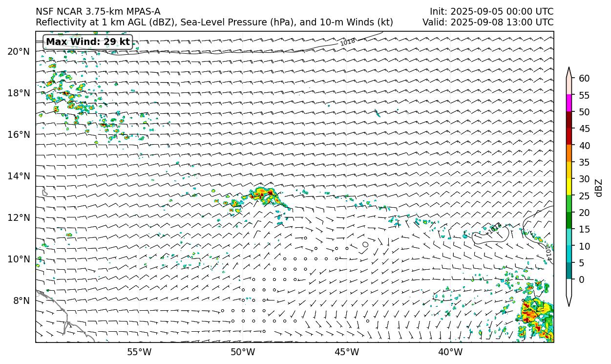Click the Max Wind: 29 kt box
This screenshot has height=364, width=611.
pos(88,42)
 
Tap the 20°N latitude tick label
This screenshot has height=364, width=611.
pos(19,51)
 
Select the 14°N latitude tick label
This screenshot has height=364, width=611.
pos(19,176)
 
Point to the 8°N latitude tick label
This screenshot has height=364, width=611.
pos(21,300)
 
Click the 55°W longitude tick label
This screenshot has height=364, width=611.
pos(139,352)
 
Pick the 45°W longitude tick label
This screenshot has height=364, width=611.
pos(347,352)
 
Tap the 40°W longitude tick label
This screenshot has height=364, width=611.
pos(450,352)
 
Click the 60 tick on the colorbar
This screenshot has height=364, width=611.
pos(584,79)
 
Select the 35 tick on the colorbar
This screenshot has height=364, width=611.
pos(584,163)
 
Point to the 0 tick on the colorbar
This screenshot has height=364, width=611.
pos(582,280)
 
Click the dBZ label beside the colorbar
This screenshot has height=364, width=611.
pos(599,188)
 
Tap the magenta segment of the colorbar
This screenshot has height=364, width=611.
pos(569,104)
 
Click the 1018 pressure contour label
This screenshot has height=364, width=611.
pos(348,42)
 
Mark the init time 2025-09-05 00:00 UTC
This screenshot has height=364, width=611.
pos(491,12)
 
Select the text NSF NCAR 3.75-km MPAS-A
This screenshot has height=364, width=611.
pos(98,12)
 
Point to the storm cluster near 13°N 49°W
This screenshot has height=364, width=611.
pos(263,194)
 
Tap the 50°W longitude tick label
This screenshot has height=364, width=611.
pos(243,352)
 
